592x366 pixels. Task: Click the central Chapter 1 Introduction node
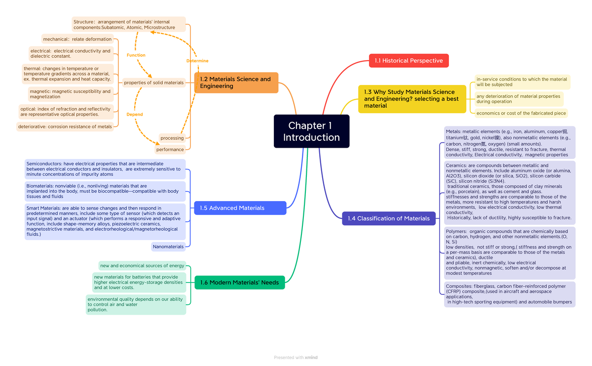tap(311, 131)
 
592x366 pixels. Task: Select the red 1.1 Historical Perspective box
tap(408, 61)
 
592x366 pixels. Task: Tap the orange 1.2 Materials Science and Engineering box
tap(236, 82)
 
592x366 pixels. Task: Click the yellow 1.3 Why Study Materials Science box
tap(411, 99)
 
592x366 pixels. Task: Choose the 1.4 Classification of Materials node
tap(388, 218)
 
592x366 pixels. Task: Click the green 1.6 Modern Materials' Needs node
tap(239, 283)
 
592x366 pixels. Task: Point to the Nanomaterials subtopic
tap(168, 246)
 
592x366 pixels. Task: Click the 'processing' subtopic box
tap(172, 138)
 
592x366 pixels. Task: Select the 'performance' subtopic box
tap(170, 150)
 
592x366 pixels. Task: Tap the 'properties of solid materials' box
tap(153, 83)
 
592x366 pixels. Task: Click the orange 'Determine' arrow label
tap(197, 61)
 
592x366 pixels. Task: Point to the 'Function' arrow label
tap(136, 55)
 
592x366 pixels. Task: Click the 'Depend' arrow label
tap(135, 114)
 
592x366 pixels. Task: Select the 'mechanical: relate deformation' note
tap(77, 39)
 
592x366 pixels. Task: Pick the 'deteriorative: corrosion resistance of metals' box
tap(65, 127)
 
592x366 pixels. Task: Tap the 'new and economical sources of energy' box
tap(142, 266)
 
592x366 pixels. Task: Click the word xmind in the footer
tap(311, 358)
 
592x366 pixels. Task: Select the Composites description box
tap(509, 294)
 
